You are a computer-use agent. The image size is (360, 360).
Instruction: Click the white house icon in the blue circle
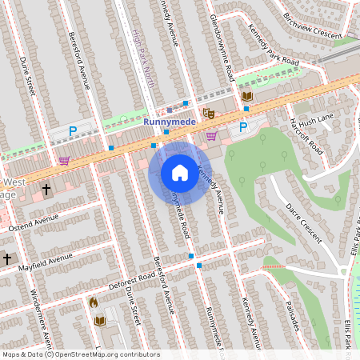pyautogui.click(x=180, y=172)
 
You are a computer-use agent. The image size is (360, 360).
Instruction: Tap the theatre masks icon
pyautogui.click(x=209, y=114)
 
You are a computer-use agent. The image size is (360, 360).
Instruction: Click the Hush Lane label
pyautogui.click(x=317, y=118)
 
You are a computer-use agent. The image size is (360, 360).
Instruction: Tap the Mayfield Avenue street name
pyautogui.click(x=43, y=261)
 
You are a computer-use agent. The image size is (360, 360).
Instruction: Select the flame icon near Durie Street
pyautogui.click(x=93, y=303)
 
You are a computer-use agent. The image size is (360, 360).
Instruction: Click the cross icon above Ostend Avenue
pyautogui.click(x=46, y=190)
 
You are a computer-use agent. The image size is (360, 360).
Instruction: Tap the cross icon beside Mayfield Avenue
pyautogui.click(x=7, y=259)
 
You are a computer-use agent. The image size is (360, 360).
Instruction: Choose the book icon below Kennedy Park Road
pyautogui.click(x=247, y=97)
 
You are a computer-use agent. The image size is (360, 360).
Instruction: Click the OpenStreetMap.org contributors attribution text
pyautogui.click(x=106, y=354)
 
